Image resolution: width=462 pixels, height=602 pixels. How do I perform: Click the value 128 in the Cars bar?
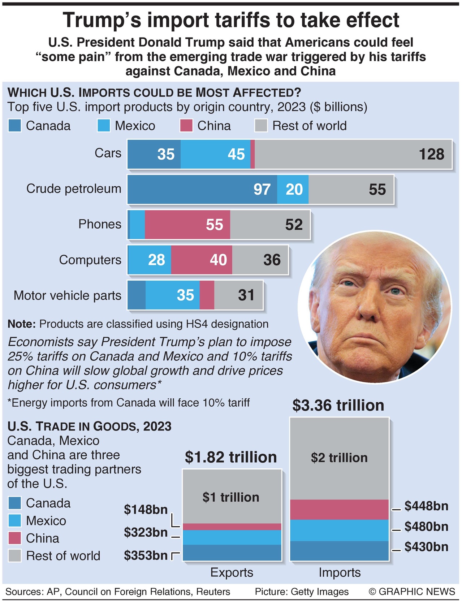(x=431, y=154)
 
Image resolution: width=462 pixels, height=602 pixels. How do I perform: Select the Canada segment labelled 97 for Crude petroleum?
(x=202, y=190)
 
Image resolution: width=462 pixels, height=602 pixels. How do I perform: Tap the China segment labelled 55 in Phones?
(x=187, y=225)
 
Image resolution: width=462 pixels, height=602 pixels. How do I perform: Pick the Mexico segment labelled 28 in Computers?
(x=150, y=260)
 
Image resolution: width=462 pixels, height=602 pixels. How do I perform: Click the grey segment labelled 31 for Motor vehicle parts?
(x=238, y=295)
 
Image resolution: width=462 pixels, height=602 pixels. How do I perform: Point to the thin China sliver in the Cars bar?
(x=252, y=154)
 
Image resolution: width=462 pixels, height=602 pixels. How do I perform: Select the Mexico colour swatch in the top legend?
(x=104, y=126)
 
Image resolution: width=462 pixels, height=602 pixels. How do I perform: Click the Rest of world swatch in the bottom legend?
(x=15, y=555)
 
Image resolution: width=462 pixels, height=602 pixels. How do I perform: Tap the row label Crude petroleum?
(x=74, y=189)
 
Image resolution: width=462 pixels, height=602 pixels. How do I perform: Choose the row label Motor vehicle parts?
(x=68, y=295)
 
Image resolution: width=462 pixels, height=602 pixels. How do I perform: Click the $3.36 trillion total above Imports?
(x=338, y=405)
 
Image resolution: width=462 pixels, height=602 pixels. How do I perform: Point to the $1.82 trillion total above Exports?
(x=231, y=457)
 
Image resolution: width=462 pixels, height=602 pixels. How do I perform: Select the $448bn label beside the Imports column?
(x=426, y=506)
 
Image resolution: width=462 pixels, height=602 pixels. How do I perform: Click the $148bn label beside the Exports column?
(x=146, y=509)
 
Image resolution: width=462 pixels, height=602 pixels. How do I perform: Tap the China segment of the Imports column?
(x=339, y=510)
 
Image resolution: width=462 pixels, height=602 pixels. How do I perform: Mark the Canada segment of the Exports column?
(x=232, y=553)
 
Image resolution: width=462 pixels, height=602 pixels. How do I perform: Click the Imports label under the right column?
(x=340, y=572)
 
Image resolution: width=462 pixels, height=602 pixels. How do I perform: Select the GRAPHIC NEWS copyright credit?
(x=412, y=592)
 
